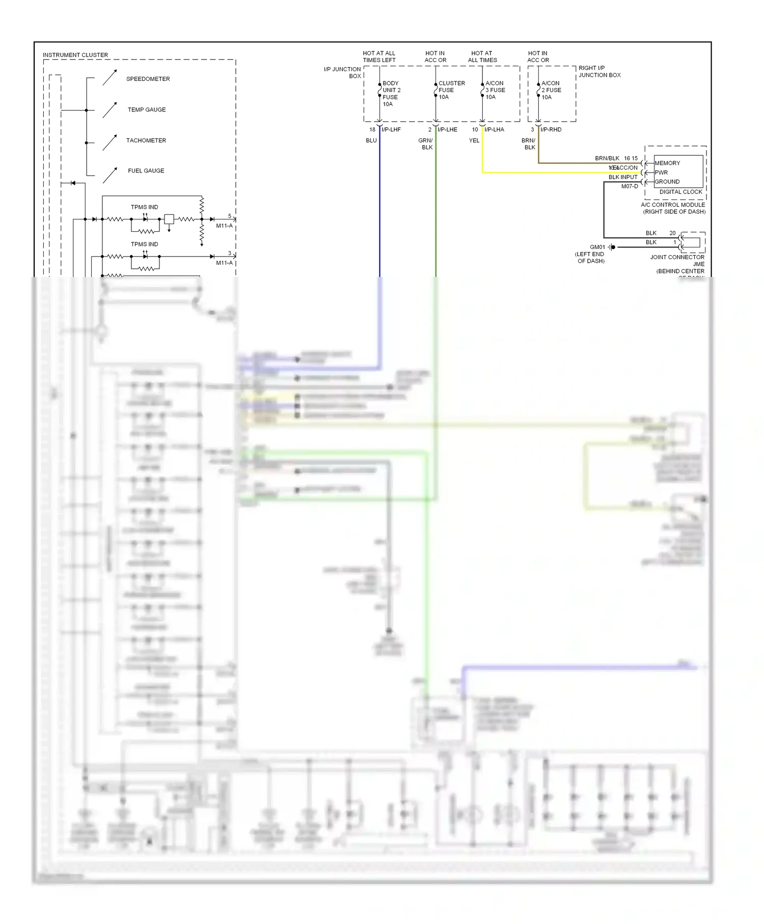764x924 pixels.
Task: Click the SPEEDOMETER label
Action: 148,79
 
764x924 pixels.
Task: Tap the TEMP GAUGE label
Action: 147,109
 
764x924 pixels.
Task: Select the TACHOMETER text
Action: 146,141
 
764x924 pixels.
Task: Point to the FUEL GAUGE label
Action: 146,171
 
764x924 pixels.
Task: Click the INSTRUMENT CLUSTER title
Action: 75,55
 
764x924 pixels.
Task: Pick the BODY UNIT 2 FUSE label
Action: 391,90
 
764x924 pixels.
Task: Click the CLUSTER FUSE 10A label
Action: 451,90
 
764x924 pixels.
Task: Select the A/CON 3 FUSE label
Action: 495,90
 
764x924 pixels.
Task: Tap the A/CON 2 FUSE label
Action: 551,90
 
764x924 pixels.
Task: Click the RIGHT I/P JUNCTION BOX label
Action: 599,71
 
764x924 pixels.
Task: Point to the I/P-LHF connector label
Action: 391,129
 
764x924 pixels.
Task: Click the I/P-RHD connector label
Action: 551,129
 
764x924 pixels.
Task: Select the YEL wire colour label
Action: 474,141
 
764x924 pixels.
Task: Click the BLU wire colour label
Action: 371,141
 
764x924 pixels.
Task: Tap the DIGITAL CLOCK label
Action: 680,192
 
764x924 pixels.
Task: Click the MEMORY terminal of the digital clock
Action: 667,163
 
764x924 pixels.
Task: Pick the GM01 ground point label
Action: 597,247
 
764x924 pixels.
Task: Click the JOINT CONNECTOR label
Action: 677,257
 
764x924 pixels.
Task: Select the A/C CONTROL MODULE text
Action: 673,205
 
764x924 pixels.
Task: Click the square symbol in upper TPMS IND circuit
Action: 169,219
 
